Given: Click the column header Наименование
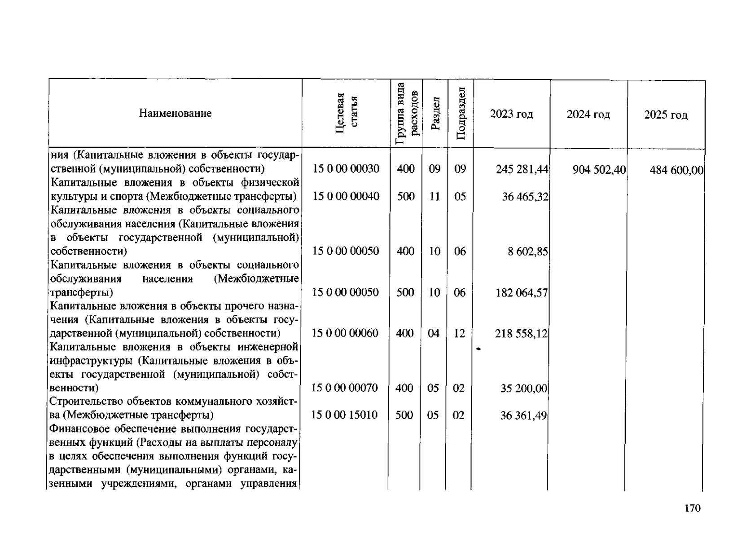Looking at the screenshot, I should (x=175, y=113).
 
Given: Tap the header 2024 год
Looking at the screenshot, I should (x=588, y=115).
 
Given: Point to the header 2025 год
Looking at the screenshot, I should (x=666, y=115).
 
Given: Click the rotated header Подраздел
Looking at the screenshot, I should (x=461, y=113).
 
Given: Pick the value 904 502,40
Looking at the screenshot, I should (x=599, y=170).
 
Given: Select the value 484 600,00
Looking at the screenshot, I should (x=676, y=171).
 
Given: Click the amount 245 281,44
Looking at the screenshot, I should (x=522, y=169).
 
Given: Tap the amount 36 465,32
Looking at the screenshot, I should (x=525, y=197).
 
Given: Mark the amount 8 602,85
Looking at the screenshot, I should (x=528, y=252).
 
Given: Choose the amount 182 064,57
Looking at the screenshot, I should (x=522, y=293).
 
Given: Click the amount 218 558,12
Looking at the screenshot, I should (x=521, y=334).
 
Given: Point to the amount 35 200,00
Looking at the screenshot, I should (x=524, y=389).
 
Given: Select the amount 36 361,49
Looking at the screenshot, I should (x=523, y=416).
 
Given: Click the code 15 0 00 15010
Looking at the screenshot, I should (x=344, y=415).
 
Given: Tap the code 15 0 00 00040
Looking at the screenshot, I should (x=346, y=196).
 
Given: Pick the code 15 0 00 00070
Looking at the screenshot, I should (x=345, y=388).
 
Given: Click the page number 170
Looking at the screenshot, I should (x=692, y=508).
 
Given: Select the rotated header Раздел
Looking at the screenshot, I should (x=435, y=113).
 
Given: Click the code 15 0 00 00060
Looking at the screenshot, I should (x=345, y=333).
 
